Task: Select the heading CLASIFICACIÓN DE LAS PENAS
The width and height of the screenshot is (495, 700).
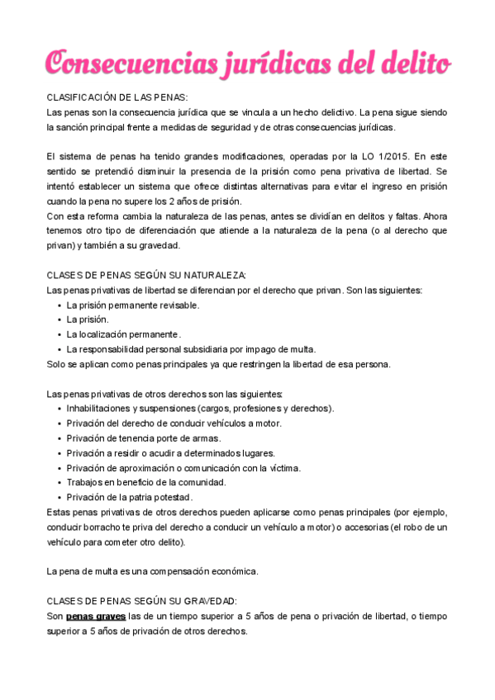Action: pos(117,97)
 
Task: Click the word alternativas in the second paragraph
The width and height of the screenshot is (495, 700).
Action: pos(280,186)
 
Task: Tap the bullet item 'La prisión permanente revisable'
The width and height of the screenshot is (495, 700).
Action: pos(132,305)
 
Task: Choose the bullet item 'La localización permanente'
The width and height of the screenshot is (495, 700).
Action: pos(123,334)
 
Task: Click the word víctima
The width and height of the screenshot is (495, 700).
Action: pos(283,468)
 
